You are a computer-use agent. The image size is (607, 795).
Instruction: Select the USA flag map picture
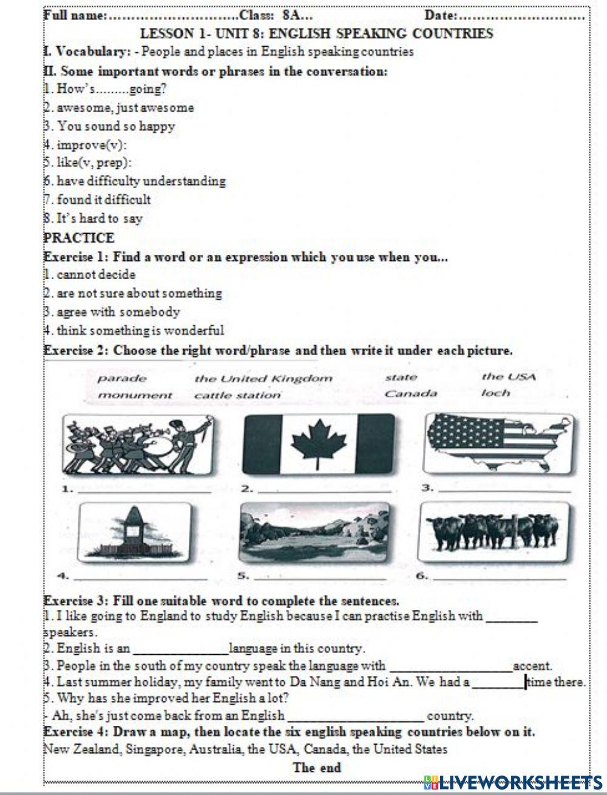click(x=497, y=441)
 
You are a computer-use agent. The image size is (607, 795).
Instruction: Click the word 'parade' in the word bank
click(x=122, y=379)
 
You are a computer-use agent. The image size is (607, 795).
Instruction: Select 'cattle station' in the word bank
click(x=237, y=395)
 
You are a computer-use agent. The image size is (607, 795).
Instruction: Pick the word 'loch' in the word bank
click(x=495, y=393)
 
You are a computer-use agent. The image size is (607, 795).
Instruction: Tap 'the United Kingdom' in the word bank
click(x=263, y=379)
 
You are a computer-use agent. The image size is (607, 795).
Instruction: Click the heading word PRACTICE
click(x=79, y=237)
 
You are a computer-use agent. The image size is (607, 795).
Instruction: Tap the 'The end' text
click(x=316, y=767)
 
